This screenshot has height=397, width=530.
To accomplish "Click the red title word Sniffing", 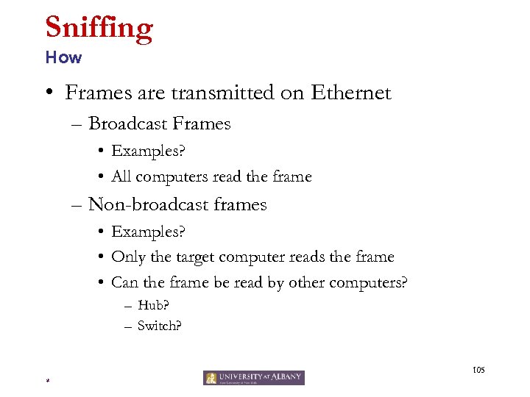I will click(99, 28).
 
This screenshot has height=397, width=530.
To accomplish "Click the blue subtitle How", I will click(63, 57).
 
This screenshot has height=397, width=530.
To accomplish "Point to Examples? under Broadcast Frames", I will click(148, 151).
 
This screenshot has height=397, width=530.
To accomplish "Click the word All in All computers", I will click(121, 176).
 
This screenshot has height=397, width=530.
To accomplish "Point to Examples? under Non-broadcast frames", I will click(148, 232).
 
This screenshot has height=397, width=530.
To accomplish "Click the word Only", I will click(127, 257).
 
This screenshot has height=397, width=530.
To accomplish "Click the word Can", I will click(124, 282).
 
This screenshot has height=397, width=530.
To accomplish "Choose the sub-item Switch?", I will click(158, 326).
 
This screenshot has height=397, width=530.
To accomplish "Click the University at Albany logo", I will click(253, 377).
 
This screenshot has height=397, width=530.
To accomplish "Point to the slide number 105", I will click(479, 369).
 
